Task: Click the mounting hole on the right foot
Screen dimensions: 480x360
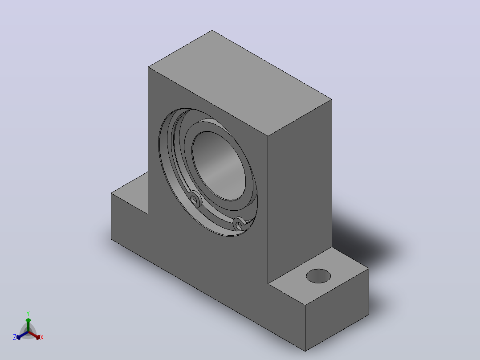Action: (318, 276)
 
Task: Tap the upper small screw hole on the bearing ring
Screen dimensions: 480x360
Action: (194, 200)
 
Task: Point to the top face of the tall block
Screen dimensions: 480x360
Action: (240, 83)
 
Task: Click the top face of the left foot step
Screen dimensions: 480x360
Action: (130, 193)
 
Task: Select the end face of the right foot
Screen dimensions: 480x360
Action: (337, 310)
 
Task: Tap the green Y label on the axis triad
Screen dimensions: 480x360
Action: (28, 313)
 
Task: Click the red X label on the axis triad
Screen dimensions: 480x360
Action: (42, 337)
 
